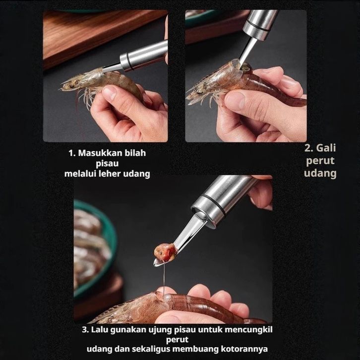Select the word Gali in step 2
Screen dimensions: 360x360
click(x=326, y=148)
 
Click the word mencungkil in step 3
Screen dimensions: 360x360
click(x=248, y=330)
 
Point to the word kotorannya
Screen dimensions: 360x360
click(x=244, y=349)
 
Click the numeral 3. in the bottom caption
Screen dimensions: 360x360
click(x=85, y=330)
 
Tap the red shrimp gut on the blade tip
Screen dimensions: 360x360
click(x=165, y=252)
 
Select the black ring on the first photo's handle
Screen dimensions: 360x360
click(x=130, y=62)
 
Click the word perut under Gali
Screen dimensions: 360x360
click(x=320, y=161)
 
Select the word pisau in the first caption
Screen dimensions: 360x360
click(x=107, y=164)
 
